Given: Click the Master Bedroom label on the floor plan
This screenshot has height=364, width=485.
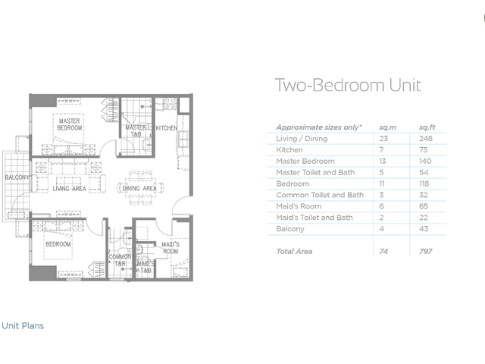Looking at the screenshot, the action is (70, 124).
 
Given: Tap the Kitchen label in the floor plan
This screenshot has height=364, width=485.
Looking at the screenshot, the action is (167, 128).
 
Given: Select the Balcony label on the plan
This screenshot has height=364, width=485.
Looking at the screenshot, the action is (17, 177).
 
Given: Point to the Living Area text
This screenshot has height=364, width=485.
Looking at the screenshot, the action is (69, 189).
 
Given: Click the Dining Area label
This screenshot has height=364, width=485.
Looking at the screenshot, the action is (139, 188).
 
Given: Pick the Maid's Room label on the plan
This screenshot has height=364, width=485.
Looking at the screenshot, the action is (171, 248).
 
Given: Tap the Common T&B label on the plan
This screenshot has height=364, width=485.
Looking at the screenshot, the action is (120, 260).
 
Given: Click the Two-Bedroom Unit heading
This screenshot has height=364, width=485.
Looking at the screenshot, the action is (348, 85).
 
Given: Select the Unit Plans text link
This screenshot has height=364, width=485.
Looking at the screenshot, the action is (23, 325).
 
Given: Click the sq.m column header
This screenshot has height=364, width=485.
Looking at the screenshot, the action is (387, 127).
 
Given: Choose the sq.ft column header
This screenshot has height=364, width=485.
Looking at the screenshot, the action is (427, 127).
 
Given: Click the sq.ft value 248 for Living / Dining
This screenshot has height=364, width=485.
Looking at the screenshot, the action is (426, 138).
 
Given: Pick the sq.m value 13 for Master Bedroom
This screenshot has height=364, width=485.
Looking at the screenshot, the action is (382, 161).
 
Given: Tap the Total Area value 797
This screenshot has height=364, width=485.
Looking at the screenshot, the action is (426, 251).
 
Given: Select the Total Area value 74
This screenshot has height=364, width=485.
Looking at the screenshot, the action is (383, 251).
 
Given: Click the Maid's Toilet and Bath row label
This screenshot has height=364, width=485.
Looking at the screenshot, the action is (314, 218).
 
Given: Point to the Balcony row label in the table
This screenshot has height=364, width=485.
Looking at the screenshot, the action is (290, 229).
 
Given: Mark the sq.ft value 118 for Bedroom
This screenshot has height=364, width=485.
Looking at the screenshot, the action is (424, 184).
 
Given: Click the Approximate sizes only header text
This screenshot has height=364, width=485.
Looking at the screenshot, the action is (319, 127).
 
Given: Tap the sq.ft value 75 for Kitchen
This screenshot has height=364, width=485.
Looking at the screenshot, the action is (424, 150).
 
